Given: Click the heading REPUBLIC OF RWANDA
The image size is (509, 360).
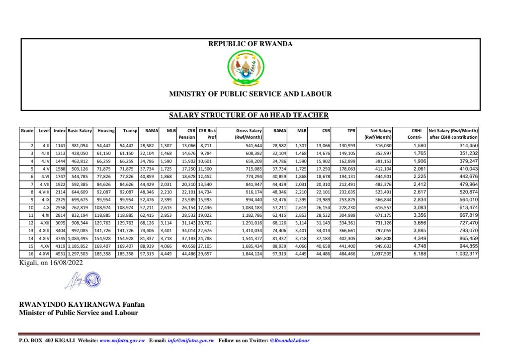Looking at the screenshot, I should click(250, 44).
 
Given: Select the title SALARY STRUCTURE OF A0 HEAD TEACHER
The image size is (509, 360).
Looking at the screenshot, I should click(249, 115).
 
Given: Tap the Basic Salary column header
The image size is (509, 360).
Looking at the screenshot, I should click(80, 130).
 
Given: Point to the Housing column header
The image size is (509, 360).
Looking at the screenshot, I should click(106, 130).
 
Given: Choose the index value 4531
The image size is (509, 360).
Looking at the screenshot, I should click(60, 254).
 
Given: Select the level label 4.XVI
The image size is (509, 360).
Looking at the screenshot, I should click(45, 254).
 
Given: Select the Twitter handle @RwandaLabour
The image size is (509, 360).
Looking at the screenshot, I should click(289, 341).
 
